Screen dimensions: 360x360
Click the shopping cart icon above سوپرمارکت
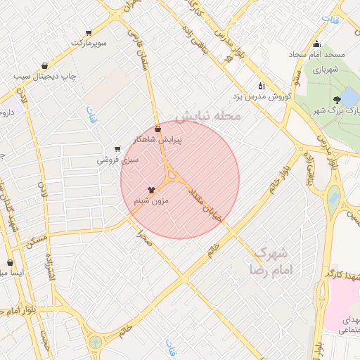[x=88, y=33]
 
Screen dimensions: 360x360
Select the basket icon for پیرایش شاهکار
[x=157, y=129]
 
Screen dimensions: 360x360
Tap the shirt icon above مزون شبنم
[x=151, y=190]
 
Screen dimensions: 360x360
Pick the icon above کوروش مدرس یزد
[x=262, y=86]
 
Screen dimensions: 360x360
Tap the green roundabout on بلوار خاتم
[x=95, y=342]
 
